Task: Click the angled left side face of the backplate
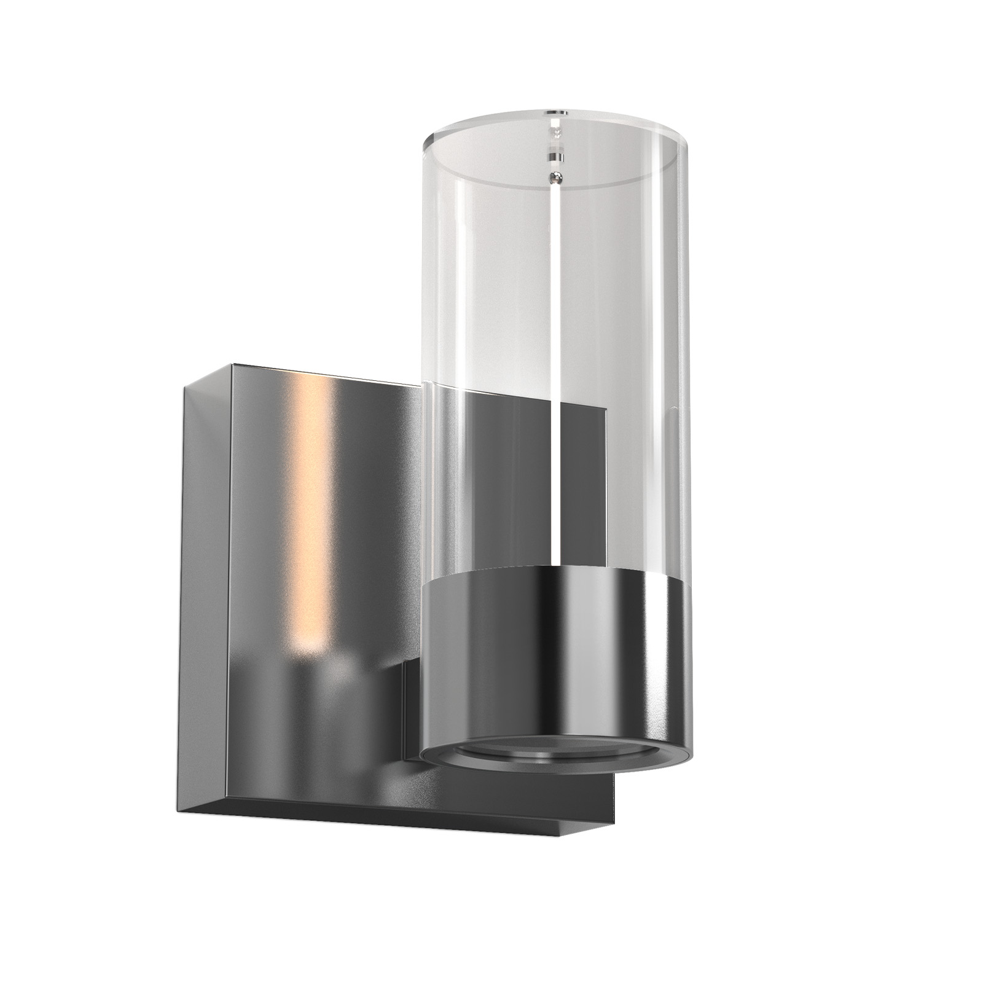pos(203,584)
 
